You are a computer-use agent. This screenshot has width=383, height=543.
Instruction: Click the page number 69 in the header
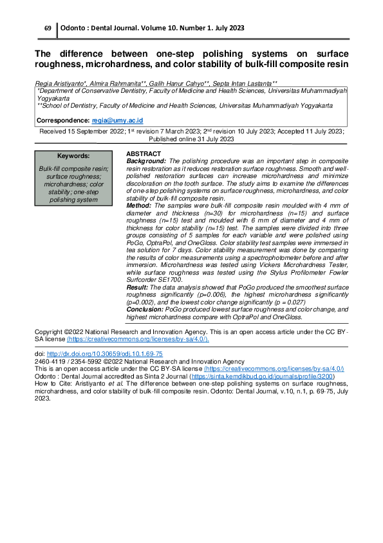click(x=47, y=28)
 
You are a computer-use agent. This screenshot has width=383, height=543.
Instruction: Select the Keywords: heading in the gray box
click(x=73, y=156)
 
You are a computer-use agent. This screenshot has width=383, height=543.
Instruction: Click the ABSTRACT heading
click(x=144, y=153)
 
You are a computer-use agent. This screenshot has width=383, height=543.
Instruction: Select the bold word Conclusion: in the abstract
click(x=145, y=310)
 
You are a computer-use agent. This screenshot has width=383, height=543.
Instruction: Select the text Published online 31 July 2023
click(x=191, y=139)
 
